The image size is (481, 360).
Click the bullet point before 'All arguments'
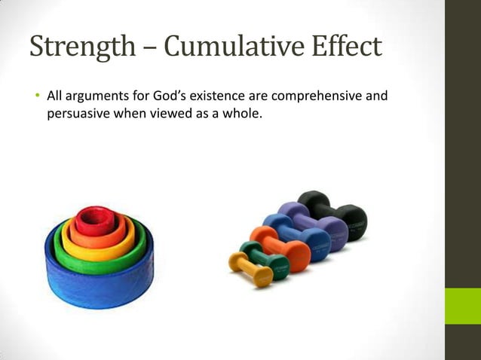(35, 97)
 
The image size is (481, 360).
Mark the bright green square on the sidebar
(462, 306)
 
